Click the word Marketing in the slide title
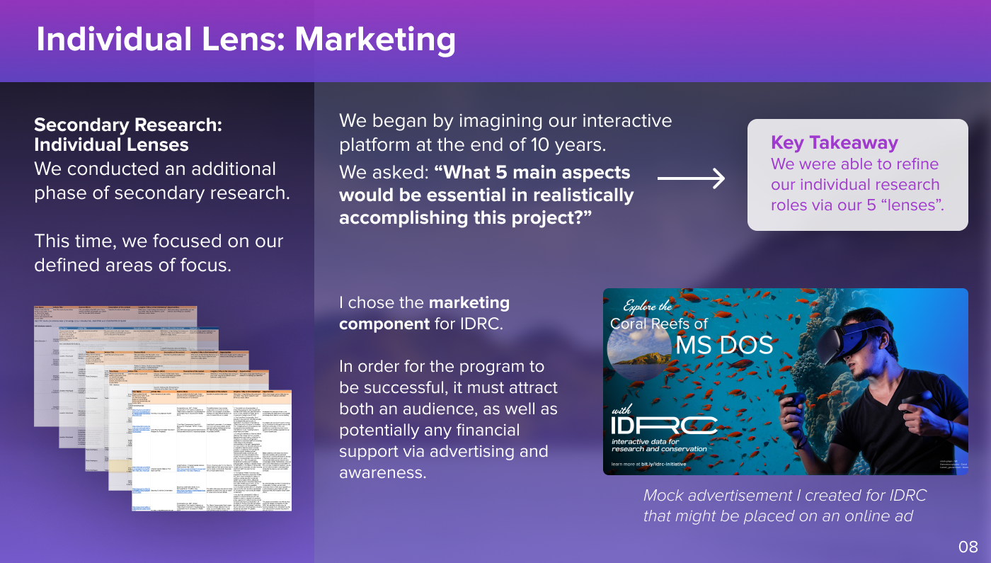tap(375, 40)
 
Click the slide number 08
tap(968, 546)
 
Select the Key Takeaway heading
tap(834, 142)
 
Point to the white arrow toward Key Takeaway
tap(691, 178)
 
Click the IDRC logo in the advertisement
tap(665, 424)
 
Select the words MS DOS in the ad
tap(723, 346)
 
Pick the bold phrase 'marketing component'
tap(424, 313)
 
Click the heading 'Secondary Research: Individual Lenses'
tap(128, 135)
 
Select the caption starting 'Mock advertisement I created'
tap(784, 506)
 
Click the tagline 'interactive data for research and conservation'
tap(658, 445)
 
